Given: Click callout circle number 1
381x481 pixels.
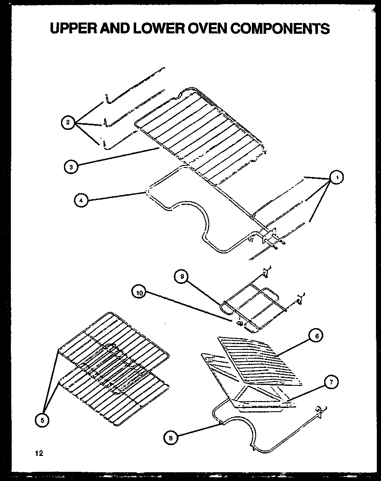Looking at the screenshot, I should pos(336,177).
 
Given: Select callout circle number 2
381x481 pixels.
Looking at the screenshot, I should pos(67,122).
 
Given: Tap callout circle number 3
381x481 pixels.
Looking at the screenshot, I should pos(71,167).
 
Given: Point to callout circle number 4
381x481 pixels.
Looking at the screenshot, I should pos(81,200).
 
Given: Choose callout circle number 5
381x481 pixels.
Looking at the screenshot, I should pos(41,421).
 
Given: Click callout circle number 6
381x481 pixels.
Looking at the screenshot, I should pos(316,335).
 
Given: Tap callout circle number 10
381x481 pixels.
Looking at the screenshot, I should pos(140,293).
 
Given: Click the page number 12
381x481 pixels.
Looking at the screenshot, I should pos(39,453).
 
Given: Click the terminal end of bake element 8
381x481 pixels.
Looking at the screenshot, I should pos(321,411).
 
